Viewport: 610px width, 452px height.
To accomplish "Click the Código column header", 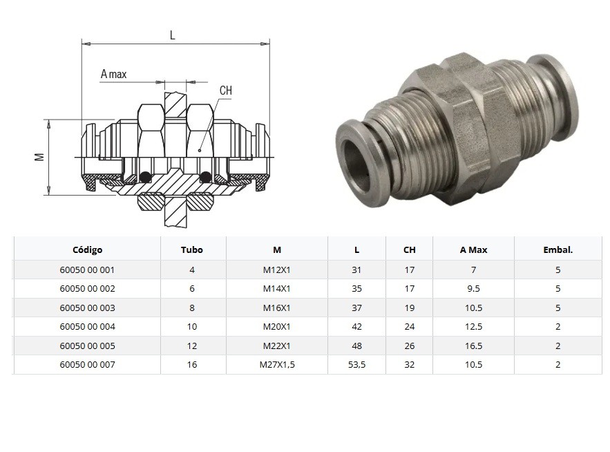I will [x=87, y=249].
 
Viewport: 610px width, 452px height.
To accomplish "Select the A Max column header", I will [x=473, y=249].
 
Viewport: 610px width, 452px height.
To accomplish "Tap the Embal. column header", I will [x=557, y=249].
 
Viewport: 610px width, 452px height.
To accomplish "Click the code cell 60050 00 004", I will [x=87, y=326].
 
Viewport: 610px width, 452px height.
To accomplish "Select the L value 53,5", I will [x=356, y=364].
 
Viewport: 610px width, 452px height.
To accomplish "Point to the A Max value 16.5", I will [x=473, y=346].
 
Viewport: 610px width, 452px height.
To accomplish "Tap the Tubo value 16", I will [x=192, y=364].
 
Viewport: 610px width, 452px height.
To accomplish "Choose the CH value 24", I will [x=409, y=326].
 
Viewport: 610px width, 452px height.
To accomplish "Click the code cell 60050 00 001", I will [x=87, y=270].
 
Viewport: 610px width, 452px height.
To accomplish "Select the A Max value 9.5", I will [x=473, y=288].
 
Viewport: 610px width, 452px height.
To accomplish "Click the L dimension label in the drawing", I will [x=172, y=35].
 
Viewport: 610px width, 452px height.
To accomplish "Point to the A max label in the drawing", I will [x=114, y=74].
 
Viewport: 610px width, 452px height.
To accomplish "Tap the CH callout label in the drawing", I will [x=225, y=91].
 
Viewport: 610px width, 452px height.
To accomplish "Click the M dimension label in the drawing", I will [x=39, y=157].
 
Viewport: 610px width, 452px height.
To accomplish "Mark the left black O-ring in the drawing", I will [x=145, y=178].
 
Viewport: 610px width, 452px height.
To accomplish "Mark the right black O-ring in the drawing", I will [x=205, y=178].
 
